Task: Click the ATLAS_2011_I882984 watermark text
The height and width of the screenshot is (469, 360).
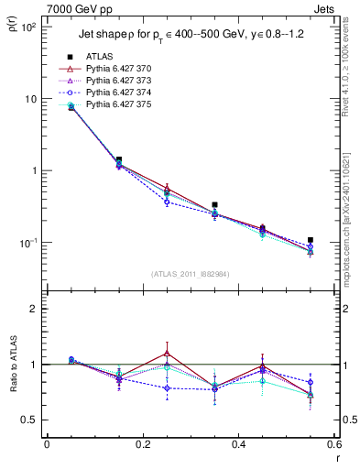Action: (x=191, y=275)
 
